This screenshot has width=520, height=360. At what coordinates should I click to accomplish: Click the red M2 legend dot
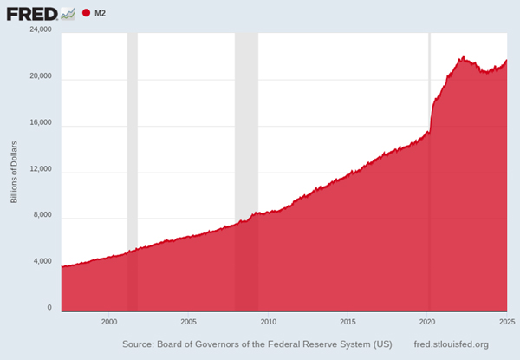(87, 14)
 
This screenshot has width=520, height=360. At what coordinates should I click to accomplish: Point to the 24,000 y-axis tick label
(41, 29)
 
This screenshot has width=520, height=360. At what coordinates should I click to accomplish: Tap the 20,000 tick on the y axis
(41, 76)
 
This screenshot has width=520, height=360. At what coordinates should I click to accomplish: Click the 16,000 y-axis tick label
(41, 122)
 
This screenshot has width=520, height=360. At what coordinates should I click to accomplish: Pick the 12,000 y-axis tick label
(41, 169)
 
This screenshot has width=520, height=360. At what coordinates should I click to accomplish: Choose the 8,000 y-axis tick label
(42, 215)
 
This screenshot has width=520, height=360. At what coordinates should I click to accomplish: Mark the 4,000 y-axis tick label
(42, 262)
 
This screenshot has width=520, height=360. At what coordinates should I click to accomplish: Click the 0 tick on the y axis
(49, 308)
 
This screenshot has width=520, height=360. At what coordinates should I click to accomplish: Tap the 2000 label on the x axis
(108, 322)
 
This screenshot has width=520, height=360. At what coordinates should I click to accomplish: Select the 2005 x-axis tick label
(188, 322)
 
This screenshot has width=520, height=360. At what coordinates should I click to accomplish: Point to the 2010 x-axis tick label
(268, 322)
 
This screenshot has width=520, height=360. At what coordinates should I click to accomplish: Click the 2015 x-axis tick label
(348, 322)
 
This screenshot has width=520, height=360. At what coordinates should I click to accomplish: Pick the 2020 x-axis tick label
(428, 322)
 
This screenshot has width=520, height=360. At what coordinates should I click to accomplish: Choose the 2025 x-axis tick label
(506, 322)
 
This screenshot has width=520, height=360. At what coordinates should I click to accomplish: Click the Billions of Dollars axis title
(14, 170)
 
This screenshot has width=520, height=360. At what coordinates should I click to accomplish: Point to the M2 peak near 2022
(464, 57)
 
